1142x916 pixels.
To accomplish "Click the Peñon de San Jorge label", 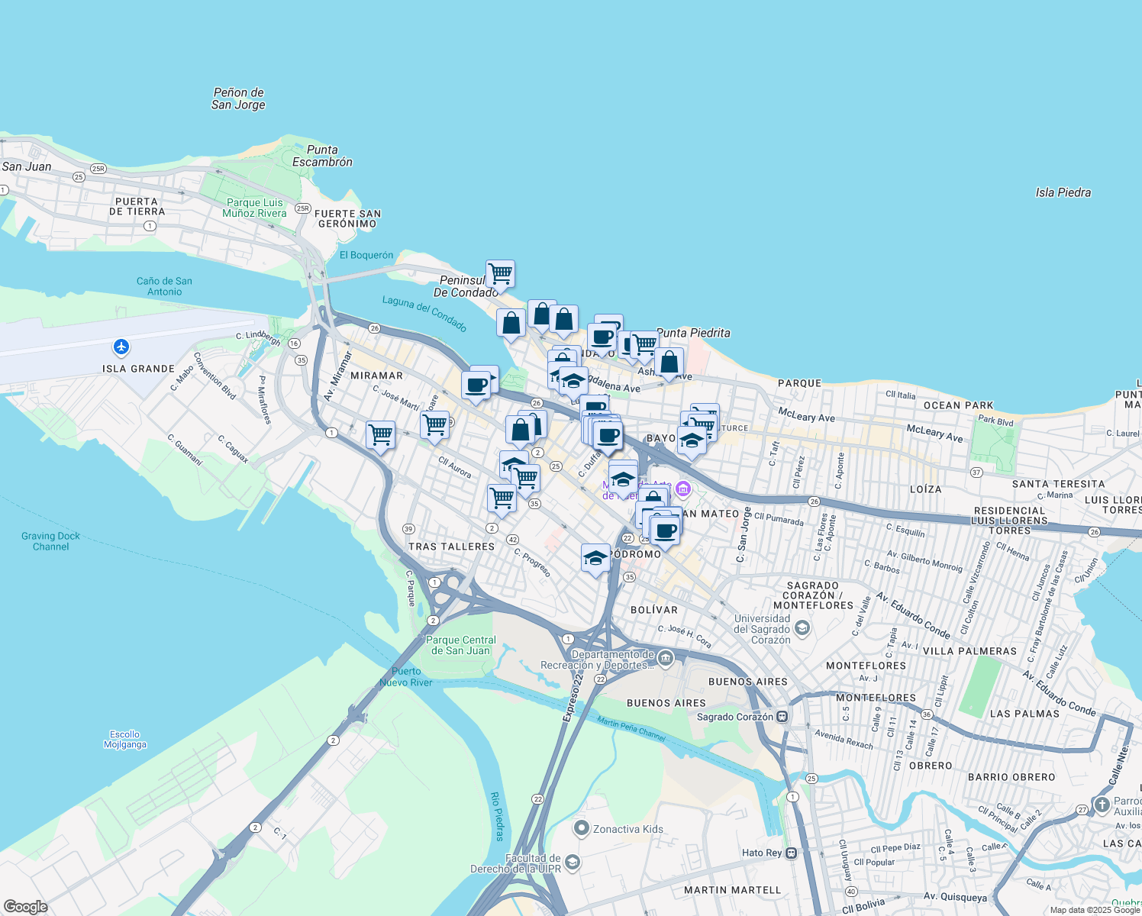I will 238,98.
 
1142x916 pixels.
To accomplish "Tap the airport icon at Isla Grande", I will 121,347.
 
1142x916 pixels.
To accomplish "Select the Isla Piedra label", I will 1063,192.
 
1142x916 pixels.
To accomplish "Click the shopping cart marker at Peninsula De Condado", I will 500,273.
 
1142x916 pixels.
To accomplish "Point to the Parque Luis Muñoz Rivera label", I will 254,208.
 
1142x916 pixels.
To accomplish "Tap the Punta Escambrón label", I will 322,156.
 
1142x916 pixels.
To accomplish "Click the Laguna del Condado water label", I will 424,313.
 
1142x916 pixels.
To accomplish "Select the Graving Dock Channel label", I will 50,541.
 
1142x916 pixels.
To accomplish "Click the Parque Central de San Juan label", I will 460,645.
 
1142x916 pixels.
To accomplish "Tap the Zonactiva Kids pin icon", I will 582,828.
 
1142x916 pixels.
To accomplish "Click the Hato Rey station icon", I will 792,853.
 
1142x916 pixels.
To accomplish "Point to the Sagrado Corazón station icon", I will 782,717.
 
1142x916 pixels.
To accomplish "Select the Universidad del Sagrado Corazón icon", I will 802,628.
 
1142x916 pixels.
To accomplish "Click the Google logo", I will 25,907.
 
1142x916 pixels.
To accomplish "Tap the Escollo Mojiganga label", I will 124,739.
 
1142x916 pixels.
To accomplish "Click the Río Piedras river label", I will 497,817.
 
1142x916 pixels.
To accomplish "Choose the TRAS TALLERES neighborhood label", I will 451,547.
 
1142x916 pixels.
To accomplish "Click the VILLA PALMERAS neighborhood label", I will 969,651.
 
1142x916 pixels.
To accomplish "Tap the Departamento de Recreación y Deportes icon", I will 666,658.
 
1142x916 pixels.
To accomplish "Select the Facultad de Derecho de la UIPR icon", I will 573,863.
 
